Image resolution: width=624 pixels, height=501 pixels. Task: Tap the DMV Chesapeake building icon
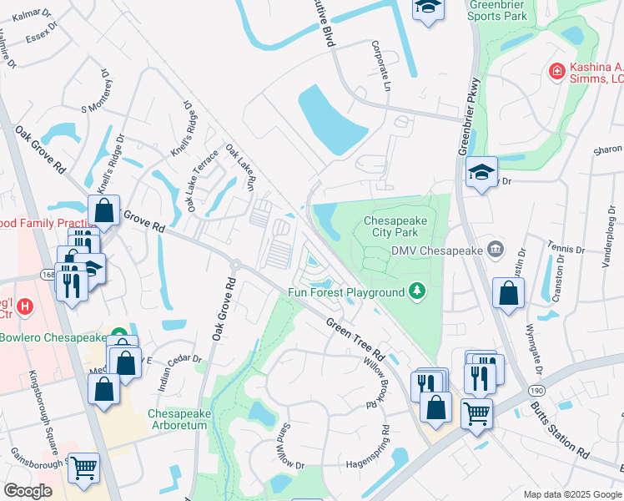click(x=496, y=249)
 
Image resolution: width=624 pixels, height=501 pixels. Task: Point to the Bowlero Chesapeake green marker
click(x=119, y=337)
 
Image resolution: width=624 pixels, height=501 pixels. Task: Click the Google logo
click(x=28, y=491)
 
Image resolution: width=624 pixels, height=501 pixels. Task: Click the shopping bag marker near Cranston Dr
click(x=508, y=292)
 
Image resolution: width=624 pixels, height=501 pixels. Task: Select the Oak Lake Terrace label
click(x=203, y=180)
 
